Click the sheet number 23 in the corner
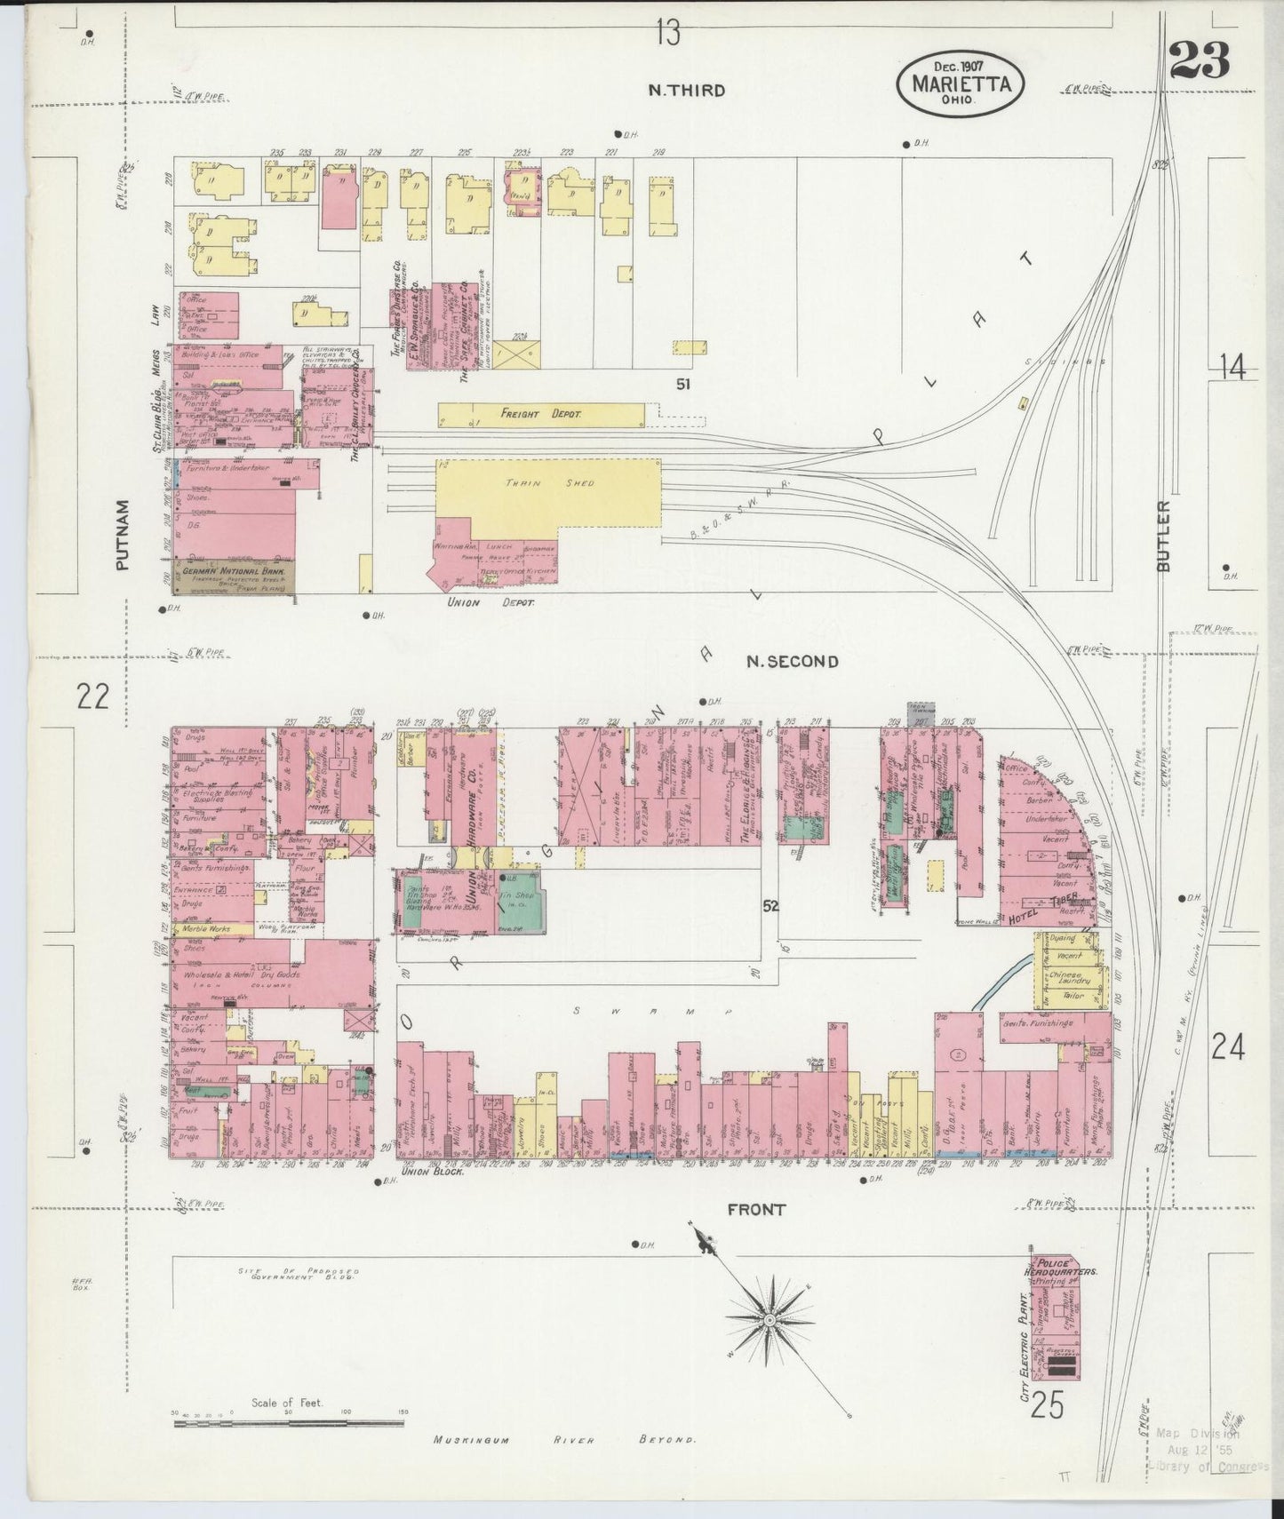pyautogui.click(x=1199, y=60)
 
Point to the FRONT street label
pyautogui.click(x=756, y=1209)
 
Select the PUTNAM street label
pyautogui.click(x=123, y=534)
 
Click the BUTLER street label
pyautogui.click(x=1165, y=536)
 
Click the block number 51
pyautogui.click(x=682, y=385)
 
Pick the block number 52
pyautogui.click(x=770, y=906)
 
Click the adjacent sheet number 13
pyautogui.click(x=668, y=34)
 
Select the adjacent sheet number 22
pyautogui.click(x=92, y=696)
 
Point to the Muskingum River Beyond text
pyautogui.click(x=565, y=1440)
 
